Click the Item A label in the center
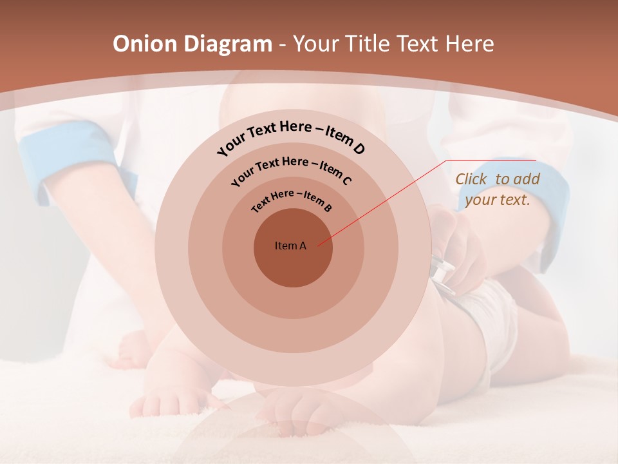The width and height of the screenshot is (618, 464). click(290, 246)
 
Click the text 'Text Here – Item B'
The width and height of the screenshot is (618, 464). click(292, 200)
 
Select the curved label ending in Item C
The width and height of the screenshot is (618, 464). click(291, 169)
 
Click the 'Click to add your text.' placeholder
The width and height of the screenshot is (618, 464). click(497, 189)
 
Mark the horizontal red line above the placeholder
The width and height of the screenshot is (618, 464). click(491, 160)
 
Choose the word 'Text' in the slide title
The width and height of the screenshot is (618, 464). click(418, 44)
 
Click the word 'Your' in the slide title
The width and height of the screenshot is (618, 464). click(318, 44)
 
